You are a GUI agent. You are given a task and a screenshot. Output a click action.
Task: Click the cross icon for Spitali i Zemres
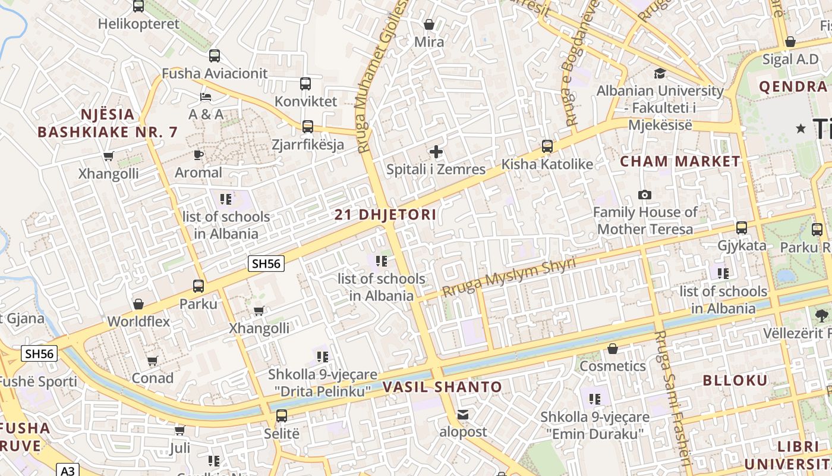(436, 152)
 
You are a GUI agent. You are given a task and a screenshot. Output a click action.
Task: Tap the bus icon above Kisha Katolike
(547, 146)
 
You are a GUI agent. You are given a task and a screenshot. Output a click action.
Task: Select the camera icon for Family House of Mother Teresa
(644, 195)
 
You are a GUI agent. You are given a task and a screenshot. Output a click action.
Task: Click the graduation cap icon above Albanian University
(660, 73)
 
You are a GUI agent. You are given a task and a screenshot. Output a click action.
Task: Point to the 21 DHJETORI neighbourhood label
(385, 215)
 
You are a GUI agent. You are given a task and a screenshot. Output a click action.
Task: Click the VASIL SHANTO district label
(442, 387)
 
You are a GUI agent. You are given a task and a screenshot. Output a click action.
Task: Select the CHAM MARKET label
(680, 161)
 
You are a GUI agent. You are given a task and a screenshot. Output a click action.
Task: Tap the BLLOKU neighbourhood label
(735, 381)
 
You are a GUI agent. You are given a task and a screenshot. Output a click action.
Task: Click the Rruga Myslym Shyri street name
(509, 277)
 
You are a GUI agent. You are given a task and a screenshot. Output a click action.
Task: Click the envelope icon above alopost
(463, 414)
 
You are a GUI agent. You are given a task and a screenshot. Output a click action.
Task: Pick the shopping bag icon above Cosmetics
(613, 348)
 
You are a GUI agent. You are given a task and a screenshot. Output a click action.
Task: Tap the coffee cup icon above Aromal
(198, 155)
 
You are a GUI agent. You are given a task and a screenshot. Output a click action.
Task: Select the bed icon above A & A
(206, 96)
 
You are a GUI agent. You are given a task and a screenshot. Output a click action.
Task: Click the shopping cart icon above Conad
(152, 361)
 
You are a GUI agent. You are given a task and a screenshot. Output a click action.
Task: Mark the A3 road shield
(68, 470)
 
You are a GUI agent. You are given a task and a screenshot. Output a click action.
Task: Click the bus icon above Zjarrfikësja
(307, 126)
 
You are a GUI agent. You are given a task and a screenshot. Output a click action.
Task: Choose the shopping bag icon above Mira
(428, 24)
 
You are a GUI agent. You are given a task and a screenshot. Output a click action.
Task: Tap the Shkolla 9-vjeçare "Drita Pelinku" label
(322, 383)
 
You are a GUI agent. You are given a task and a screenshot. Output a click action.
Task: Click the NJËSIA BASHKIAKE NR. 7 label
(108, 123)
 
